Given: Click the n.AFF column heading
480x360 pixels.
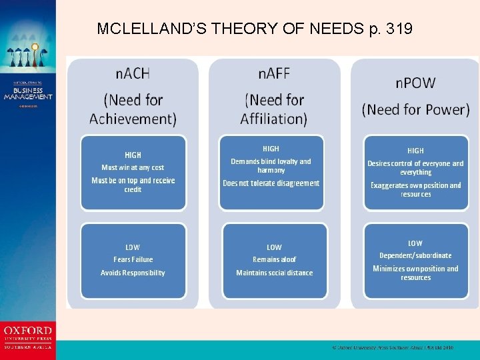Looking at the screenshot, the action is point(274,73).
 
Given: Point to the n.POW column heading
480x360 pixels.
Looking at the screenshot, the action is point(415,83).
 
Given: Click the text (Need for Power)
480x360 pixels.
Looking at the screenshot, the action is point(415,109).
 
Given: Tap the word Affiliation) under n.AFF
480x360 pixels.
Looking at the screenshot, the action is point(274,119).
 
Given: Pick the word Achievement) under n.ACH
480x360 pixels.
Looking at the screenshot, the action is point(133,119).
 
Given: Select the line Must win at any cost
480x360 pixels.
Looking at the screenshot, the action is point(133,167).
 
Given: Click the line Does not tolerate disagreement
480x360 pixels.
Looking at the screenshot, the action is point(271,183).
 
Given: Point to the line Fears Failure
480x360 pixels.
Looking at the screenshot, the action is point(133,259).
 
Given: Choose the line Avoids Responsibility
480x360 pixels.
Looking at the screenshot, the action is point(133,273).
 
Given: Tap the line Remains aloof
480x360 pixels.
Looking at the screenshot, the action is point(274,259).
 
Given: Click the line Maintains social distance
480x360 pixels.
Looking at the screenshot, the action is point(274,273).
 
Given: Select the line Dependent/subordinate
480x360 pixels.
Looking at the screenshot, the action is point(415,255).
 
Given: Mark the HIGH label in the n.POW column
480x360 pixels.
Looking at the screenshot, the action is point(415,151).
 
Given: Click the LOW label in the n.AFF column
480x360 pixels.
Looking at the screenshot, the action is point(274,247).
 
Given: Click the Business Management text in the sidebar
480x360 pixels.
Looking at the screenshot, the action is point(28,93).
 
